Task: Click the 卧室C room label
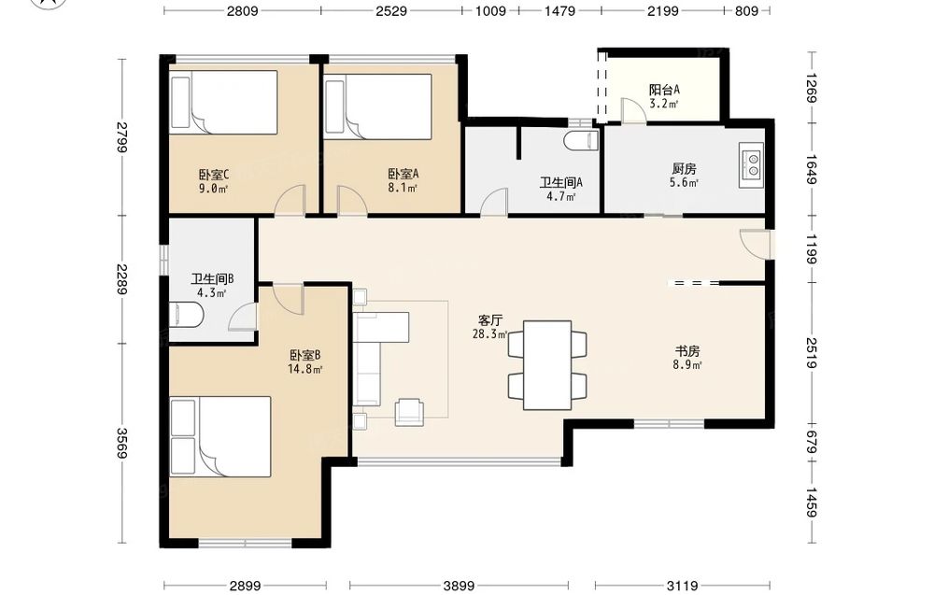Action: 214,175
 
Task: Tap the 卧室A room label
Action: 403,174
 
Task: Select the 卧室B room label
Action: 305,356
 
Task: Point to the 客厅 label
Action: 490,320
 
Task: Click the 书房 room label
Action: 686,351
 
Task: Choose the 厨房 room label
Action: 684,169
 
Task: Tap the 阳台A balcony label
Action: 664,90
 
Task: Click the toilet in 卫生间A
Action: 581,140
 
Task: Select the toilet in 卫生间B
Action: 187,315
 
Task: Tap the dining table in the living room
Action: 547,365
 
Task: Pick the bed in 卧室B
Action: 220,436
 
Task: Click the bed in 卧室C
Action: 224,103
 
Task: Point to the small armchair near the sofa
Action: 410,412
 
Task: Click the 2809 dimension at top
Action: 243,10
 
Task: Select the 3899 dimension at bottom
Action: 459,586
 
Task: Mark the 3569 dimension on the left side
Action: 122,444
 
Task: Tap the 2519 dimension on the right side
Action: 812,352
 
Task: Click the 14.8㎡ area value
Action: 305,369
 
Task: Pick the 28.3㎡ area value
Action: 490,334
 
